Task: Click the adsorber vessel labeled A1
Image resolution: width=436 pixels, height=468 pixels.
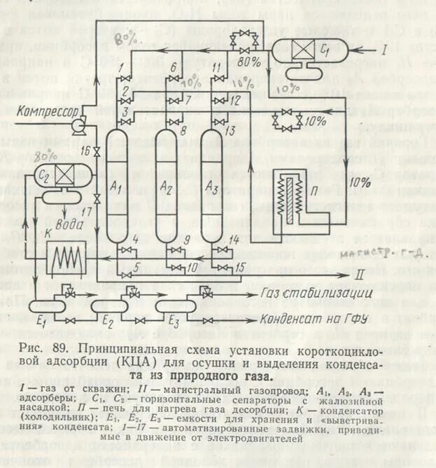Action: tap(116, 186)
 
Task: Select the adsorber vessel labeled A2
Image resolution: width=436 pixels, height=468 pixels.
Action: tap(166, 186)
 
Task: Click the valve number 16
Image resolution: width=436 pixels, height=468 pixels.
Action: tap(86, 151)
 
